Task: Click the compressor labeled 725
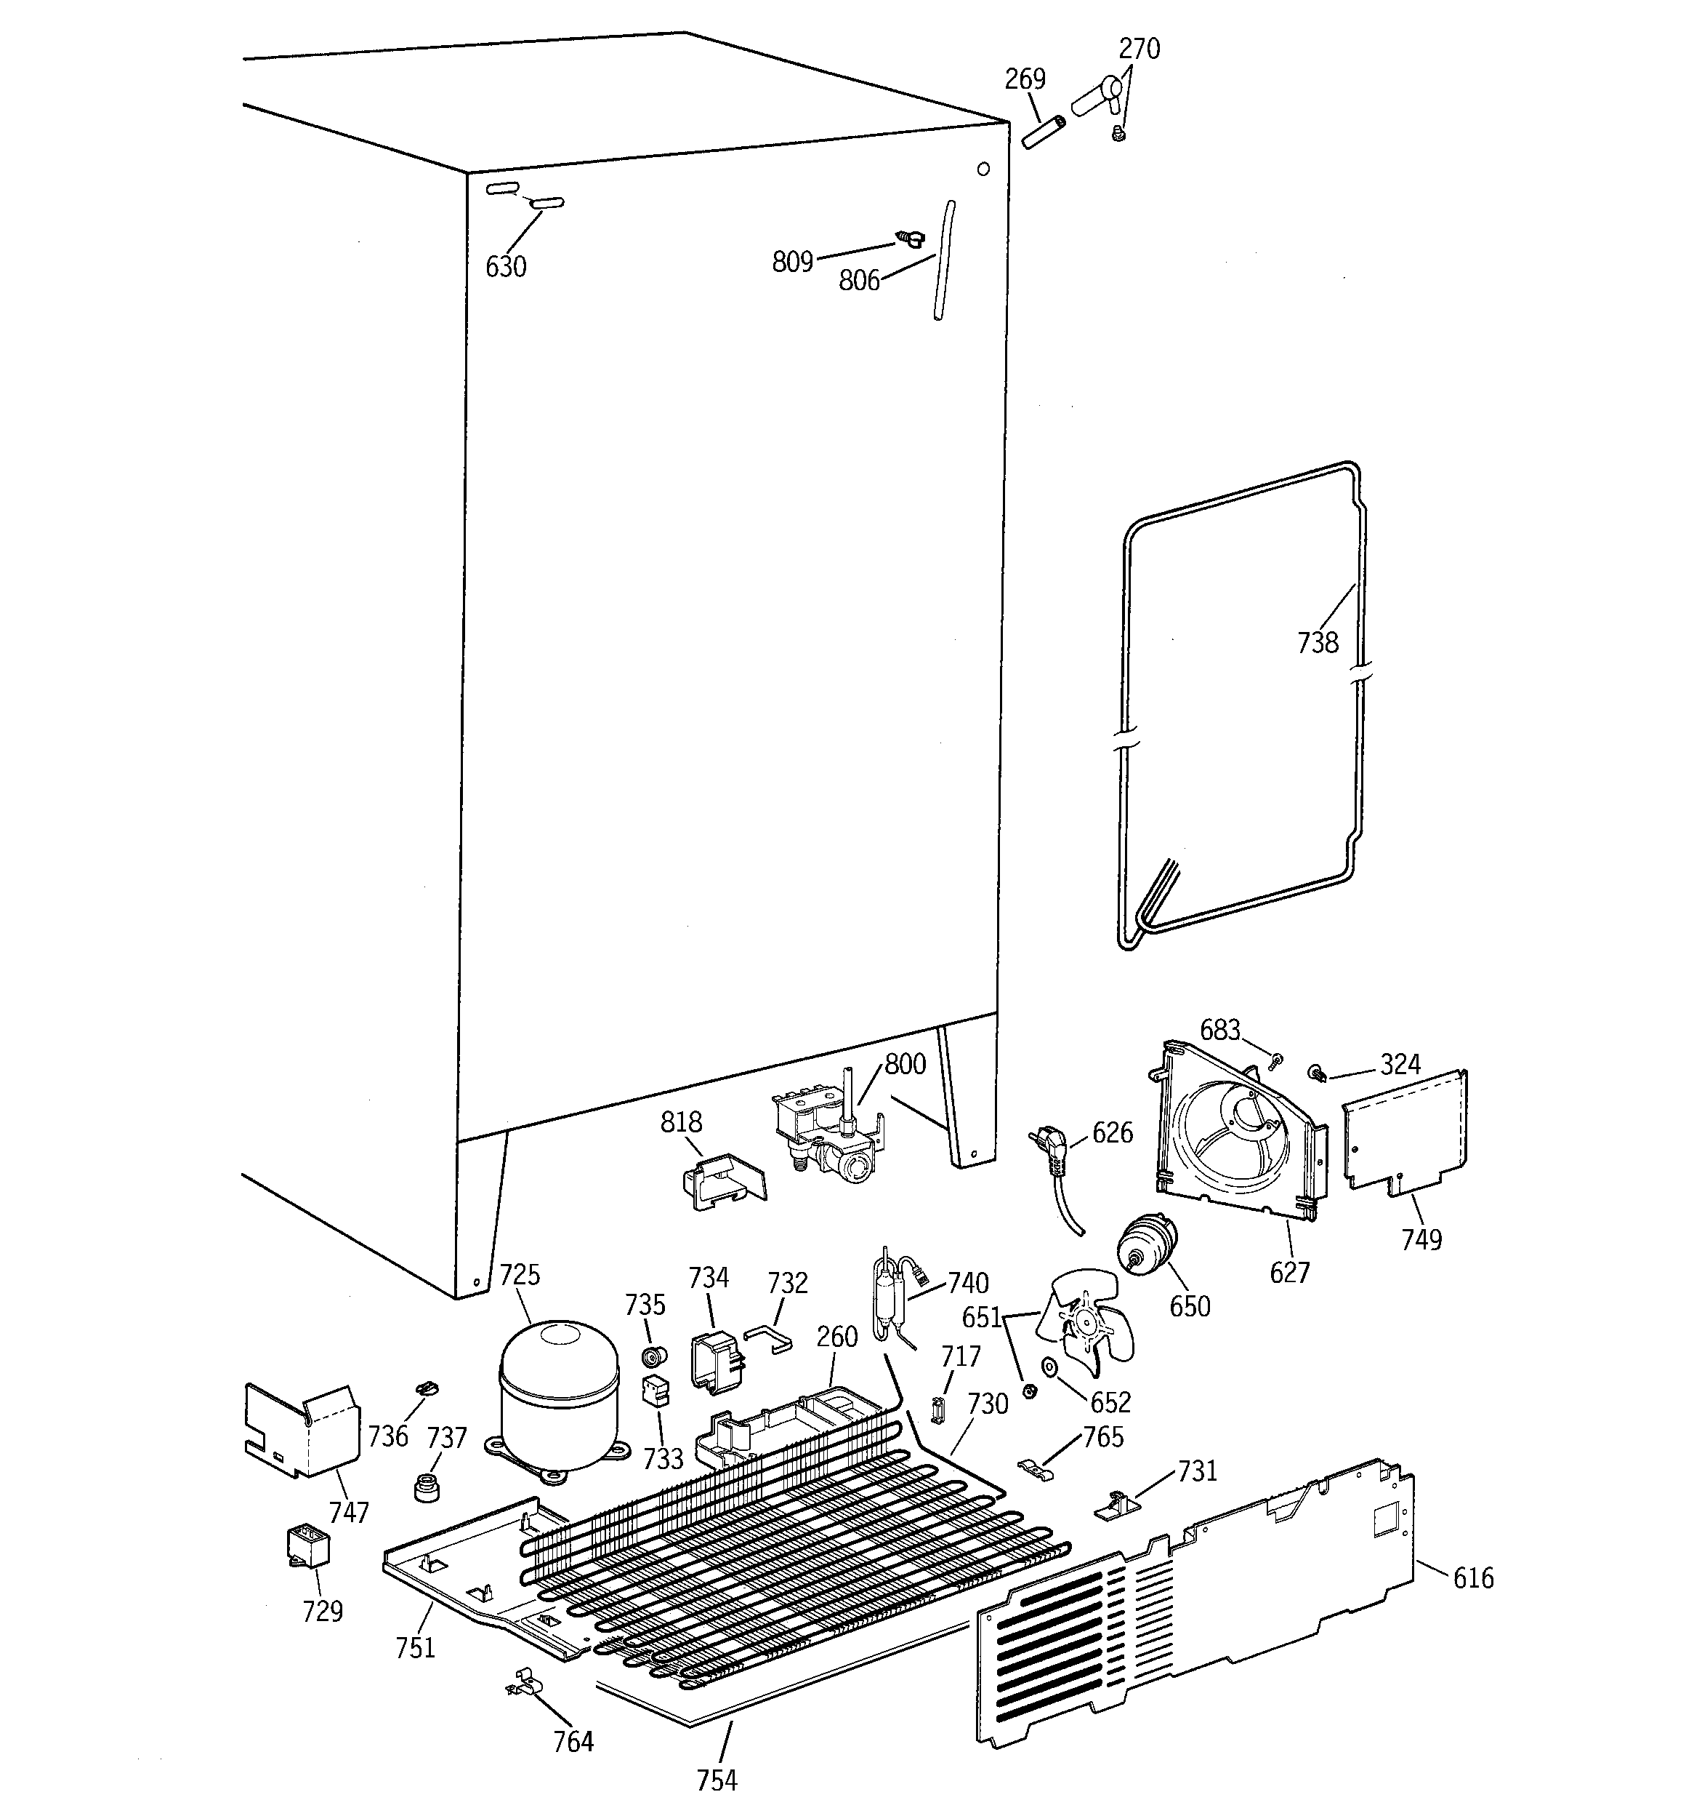(558, 1394)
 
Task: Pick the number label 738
(1317, 643)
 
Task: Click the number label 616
(1473, 1578)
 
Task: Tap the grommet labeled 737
(425, 1487)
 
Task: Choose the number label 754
(717, 1779)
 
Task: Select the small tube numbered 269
(1044, 132)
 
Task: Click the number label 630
(505, 266)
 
